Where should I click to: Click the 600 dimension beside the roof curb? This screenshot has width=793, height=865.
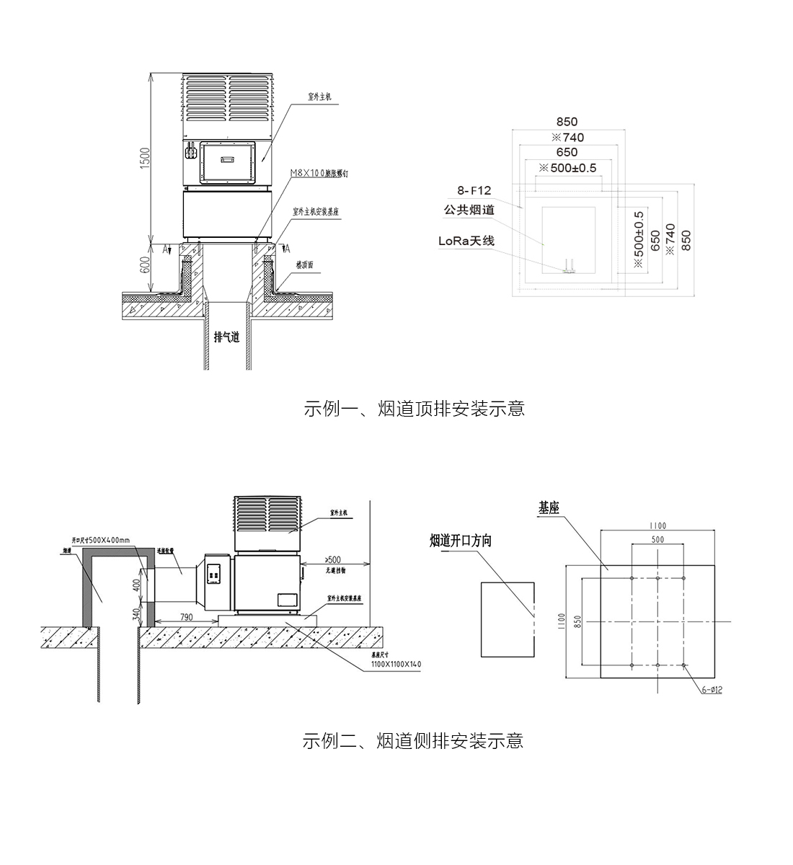point(144,265)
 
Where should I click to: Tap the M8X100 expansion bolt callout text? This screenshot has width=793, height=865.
point(324,173)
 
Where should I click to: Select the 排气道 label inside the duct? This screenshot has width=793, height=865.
point(226,336)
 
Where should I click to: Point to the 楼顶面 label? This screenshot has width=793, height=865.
point(305,265)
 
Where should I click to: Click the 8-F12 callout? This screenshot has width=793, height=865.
point(474,190)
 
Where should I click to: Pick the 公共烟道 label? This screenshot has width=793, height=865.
point(469,210)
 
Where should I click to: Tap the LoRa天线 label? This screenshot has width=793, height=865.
point(466,241)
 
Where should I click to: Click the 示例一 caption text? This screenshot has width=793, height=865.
point(414,409)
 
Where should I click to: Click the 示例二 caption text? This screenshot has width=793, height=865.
point(413,740)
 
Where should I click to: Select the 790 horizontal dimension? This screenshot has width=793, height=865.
point(186,616)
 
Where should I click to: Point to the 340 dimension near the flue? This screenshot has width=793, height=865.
point(135,613)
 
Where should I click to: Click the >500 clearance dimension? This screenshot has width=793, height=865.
point(333,559)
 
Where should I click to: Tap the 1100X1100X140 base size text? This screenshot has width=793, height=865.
point(396,664)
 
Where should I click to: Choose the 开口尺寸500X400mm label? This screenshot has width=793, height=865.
point(101,539)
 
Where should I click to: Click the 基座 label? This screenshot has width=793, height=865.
point(549,508)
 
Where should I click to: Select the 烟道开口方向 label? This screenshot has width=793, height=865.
point(461,541)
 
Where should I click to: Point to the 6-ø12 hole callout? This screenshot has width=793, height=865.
point(712,690)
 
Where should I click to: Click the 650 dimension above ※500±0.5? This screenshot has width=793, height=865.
point(567,152)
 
